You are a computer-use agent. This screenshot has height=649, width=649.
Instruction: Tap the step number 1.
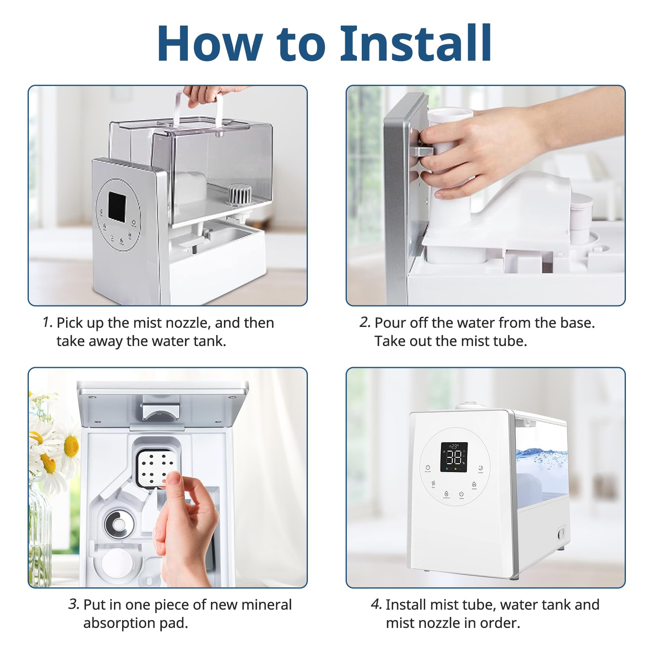coord(47,322)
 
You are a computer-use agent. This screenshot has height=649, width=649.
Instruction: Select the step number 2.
coord(365,322)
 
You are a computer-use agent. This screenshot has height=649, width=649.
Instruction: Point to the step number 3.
coord(74,604)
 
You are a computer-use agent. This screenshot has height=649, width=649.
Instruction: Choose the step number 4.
coord(376,604)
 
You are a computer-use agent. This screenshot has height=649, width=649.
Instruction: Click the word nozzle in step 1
coord(185,323)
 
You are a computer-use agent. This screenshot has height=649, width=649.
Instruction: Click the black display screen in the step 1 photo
coord(117,206)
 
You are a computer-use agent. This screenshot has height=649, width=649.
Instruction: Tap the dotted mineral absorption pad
coord(155,468)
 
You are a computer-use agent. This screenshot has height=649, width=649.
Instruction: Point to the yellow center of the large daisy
coord(71,446)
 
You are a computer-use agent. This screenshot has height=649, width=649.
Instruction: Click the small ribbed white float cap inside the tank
coord(239,196)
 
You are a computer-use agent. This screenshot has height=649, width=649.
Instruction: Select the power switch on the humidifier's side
coord(561,534)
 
